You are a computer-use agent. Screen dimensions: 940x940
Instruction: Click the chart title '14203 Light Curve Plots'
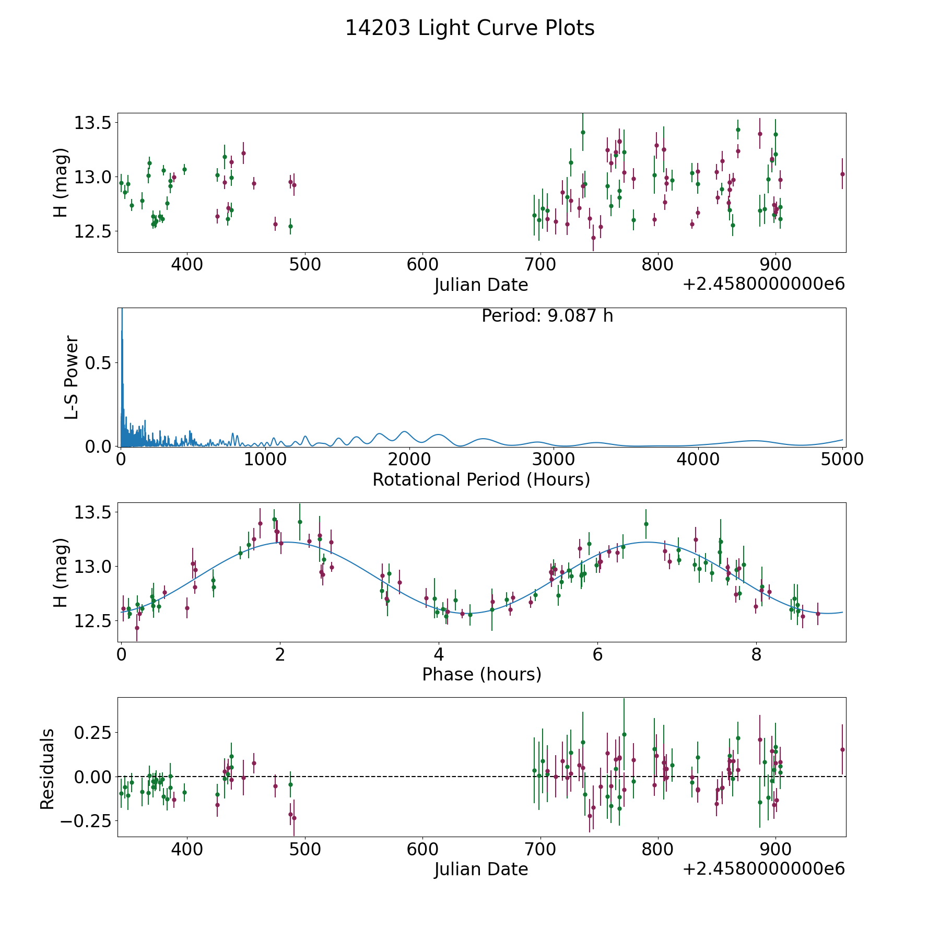pos(469,28)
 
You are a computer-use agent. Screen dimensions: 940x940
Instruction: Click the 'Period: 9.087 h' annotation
pos(547,316)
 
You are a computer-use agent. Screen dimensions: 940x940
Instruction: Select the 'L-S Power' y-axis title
pos(72,378)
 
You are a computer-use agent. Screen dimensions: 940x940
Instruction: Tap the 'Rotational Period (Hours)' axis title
pos(481,479)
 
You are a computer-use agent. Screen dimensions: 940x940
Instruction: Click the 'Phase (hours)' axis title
pos(481,674)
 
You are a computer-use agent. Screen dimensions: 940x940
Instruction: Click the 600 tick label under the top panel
pos(422,265)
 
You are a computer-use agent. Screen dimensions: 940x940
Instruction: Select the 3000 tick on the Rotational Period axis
pos(554,460)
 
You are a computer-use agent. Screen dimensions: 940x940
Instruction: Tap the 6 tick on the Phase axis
pos(597,654)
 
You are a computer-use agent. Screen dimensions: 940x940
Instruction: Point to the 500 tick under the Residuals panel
pos(304,850)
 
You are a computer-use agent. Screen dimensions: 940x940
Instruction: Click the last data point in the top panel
pos(842,174)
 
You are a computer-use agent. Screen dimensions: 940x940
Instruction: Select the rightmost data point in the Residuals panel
pos(842,749)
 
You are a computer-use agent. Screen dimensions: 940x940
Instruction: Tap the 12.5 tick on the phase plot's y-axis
pos(93,620)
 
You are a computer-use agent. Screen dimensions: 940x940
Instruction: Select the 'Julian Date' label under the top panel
pos(481,285)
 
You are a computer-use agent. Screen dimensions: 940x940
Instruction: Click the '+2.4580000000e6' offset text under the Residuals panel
pos(763,869)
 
